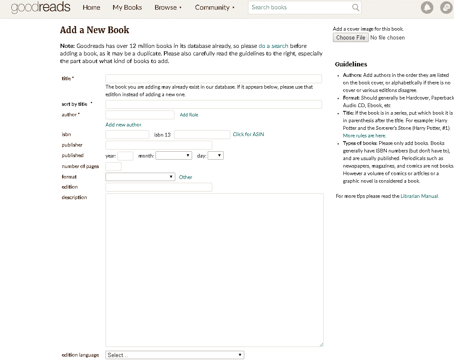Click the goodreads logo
pos(41,8)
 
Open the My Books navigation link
pos(127,8)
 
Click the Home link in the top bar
pos(91,8)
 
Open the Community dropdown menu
pos(215,8)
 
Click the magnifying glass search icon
pos(356,8)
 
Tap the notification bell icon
pos(427,8)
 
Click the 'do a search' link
pos(273,46)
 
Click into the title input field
pos(214,79)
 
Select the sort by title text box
pos(214,104)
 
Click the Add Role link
pos(189,115)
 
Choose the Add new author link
pos(123,125)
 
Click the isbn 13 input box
pos(202,134)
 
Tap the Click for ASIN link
pos(248,134)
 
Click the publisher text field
pos(158,145)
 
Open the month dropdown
pos(174,155)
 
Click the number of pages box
pos(113,166)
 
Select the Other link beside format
pos(185,177)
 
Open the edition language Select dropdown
pos(174,355)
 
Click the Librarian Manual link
pos(420,196)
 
